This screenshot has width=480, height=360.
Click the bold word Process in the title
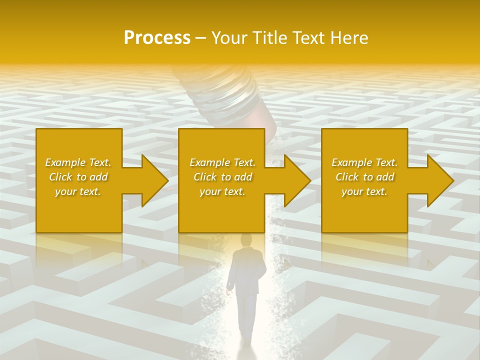click(157, 38)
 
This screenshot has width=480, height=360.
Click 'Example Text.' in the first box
click(78, 162)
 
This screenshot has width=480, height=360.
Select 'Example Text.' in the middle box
click(222, 162)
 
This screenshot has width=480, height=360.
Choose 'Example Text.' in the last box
click(364, 162)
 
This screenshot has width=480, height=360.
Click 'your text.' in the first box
click(78, 191)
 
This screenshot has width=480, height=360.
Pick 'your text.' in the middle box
click(222, 191)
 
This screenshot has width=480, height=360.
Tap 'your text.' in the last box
click(364, 191)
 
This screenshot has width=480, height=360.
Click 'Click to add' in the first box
click(78, 177)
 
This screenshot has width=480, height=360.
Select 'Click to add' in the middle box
click(222, 177)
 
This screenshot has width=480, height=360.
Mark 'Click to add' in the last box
click(364, 177)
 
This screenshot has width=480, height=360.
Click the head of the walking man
click(246, 240)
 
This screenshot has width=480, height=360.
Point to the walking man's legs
click(246, 315)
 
